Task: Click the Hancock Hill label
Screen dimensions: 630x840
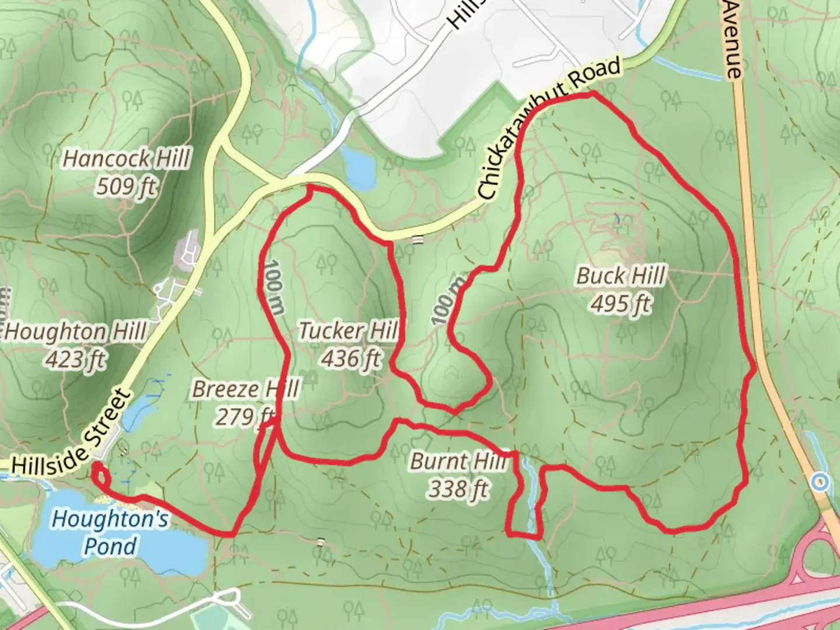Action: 127,159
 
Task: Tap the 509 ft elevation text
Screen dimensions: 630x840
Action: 127,187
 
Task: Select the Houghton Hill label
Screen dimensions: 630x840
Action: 76,332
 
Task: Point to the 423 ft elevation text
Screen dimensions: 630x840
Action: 76,359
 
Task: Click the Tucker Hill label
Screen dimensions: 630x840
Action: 348,331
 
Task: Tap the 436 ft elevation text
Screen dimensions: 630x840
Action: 351,358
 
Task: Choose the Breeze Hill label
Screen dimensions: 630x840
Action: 246,389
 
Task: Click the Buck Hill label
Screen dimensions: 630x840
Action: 621,275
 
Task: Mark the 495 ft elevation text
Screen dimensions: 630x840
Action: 621,303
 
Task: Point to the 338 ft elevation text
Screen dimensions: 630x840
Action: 459,489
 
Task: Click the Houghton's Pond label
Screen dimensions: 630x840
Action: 110,532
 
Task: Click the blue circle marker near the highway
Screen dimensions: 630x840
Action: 821,482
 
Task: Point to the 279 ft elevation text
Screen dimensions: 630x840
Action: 246,416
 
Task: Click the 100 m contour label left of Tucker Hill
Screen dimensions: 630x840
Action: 273,287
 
